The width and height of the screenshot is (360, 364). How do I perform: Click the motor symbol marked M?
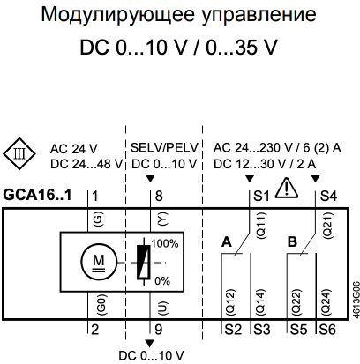click(99, 262)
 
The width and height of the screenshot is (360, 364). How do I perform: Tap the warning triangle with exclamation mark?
click(287, 188)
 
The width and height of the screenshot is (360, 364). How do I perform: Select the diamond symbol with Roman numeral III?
click(19, 153)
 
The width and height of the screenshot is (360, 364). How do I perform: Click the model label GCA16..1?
click(37, 195)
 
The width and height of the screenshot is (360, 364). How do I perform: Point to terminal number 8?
click(159, 197)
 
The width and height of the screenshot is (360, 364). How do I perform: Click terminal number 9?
click(159, 330)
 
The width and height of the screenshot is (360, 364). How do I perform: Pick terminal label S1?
click(261, 196)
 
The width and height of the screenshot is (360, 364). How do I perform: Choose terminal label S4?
click(328, 196)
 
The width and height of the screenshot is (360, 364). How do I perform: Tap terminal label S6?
click(327, 330)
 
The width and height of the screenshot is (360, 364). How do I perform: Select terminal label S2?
click(233, 330)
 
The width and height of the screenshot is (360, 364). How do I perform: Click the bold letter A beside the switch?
click(227, 242)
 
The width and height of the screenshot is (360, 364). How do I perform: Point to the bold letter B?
click(292, 242)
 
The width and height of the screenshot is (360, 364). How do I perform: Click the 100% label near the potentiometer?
click(165, 243)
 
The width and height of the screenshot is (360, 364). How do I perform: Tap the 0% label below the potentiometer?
click(162, 281)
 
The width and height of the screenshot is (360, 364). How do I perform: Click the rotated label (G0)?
click(101, 304)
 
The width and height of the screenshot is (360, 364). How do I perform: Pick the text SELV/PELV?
click(164, 148)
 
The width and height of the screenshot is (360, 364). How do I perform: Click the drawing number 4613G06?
click(356, 300)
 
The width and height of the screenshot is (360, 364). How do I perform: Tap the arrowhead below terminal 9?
click(150, 344)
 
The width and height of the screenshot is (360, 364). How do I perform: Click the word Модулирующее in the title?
click(117, 15)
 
